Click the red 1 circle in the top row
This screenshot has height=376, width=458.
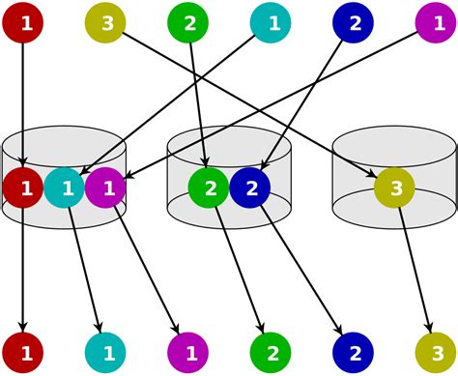click(x=22, y=22)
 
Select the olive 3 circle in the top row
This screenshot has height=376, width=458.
click(x=105, y=22)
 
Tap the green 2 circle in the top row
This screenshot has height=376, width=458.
click(x=188, y=22)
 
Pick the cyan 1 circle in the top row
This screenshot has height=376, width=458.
click(x=272, y=22)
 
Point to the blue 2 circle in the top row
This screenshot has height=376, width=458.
click(x=354, y=22)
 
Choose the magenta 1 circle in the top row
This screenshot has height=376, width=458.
click(x=437, y=22)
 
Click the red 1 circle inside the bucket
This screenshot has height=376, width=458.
click(x=22, y=188)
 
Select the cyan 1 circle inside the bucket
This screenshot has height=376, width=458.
click(x=65, y=188)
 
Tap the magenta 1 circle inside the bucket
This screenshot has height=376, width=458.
click(x=106, y=188)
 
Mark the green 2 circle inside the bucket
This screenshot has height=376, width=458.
click(x=209, y=188)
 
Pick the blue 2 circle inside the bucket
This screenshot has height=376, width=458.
click(x=250, y=188)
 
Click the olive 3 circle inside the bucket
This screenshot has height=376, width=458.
click(x=395, y=188)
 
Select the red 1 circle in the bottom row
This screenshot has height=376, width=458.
click(x=22, y=353)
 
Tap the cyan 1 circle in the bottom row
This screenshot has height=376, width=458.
click(x=105, y=353)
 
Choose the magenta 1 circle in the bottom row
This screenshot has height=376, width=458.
click(x=188, y=353)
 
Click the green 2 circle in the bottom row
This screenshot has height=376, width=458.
click(x=272, y=353)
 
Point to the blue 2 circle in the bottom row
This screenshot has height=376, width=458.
click(x=354, y=353)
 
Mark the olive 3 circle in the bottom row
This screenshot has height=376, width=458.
click(x=437, y=353)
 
